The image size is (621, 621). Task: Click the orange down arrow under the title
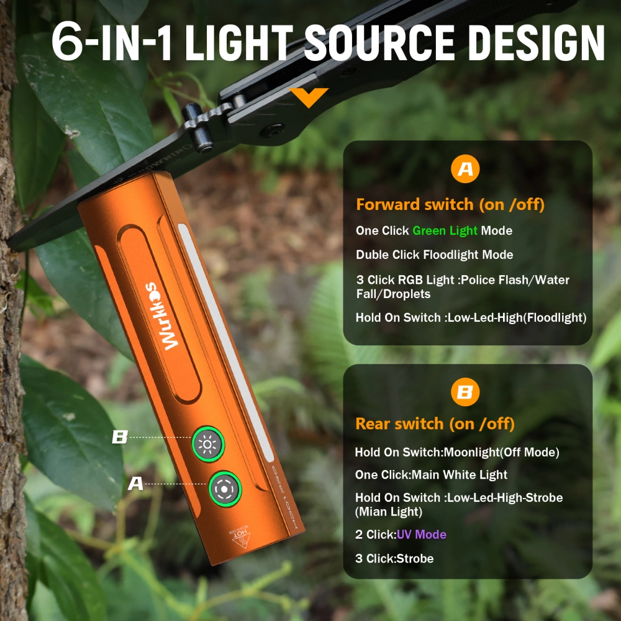pos(309,96)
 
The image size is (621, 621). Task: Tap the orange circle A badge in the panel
pos(465,169)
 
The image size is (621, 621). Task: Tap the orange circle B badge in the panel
pos(465,392)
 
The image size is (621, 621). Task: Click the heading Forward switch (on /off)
pos(450,204)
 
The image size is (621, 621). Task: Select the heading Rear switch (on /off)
pos(435,424)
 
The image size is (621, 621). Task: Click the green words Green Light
pos(445,230)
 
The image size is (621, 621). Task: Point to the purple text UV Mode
pos(421,534)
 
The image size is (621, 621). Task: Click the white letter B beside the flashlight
pos(119,437)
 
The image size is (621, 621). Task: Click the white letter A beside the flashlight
pos(135,483)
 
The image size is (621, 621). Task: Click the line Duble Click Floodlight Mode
pos(434,255)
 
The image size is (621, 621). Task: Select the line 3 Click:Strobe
pos(394,558)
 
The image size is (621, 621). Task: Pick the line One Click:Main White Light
pos(431,475)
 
